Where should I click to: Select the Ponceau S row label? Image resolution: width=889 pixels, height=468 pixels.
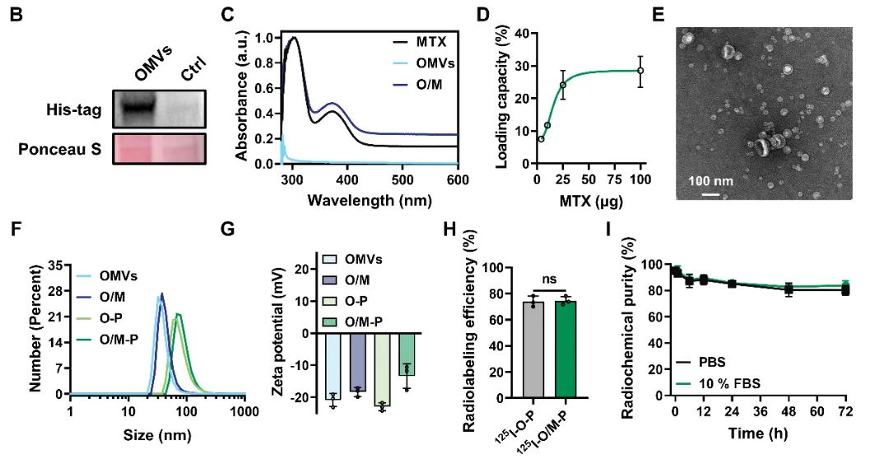click(70, 151)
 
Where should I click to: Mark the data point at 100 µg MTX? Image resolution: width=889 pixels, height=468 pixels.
click(640, 71)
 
